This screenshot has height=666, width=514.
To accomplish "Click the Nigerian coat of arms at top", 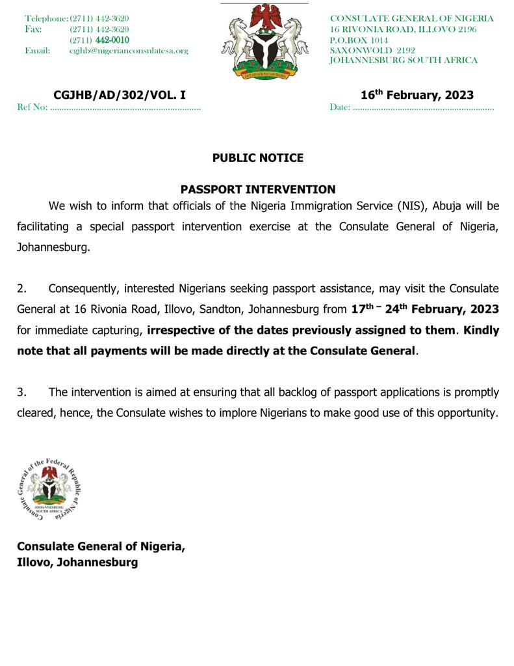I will (x=264, y=41).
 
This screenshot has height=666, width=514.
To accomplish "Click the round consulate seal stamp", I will (x=49, y=488).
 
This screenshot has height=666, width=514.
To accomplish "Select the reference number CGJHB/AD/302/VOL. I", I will (x=120, y=95).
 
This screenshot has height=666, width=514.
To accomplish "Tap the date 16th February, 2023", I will (x=417, y=95).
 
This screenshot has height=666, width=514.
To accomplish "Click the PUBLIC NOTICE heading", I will (x=257, y=158).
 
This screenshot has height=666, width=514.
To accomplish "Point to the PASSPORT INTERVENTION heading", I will (x=257, y=190).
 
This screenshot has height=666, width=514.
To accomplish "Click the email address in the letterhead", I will (x=129, y=51).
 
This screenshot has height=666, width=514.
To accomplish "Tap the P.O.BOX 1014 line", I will (x=359, y=40).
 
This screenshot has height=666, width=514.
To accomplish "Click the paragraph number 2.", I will (x=21, y=289).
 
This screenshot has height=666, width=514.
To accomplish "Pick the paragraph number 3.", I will (x=21, y=392).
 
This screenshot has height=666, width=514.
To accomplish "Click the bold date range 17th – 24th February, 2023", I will (x=425, y=309).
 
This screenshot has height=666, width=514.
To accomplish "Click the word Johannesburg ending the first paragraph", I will (x=54, y=248).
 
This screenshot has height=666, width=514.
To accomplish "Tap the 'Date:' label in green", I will (x=340, y=107).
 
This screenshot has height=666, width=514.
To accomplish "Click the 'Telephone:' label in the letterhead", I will (x=46, y=19).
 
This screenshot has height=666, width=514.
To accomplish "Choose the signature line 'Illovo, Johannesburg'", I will (x=77, y=563).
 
